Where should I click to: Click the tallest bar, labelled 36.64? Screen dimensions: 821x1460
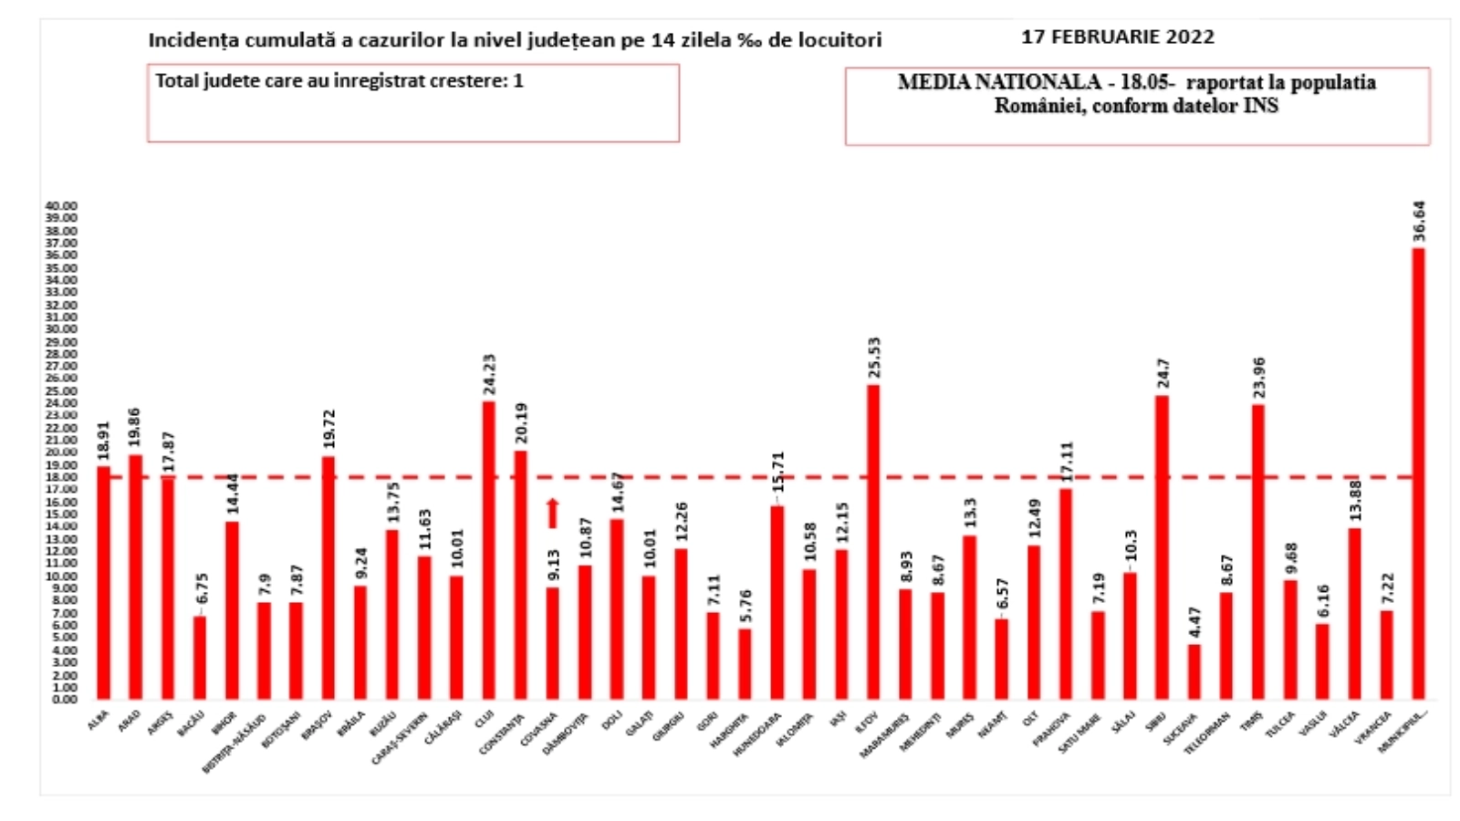[x=1418, y=473]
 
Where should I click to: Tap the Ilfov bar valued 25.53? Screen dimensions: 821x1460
[x=873, y=542]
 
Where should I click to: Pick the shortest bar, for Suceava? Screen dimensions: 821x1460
[x=1194, y=671]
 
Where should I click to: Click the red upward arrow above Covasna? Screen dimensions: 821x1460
[x=552, y=513]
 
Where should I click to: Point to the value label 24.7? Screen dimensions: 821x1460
[x=1163, y=373]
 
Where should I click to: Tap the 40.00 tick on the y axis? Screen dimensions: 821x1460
[x=62, y=206]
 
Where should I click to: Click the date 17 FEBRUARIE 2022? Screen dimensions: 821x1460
[x=1117, y=37]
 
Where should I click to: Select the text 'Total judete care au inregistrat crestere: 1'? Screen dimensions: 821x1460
[x=339, y=81]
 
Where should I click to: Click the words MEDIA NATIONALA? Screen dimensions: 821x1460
[x=999, y=82]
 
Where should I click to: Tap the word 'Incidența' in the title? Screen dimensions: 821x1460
[x=186, y=40]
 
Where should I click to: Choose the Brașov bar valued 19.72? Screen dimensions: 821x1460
[x=328, y=577]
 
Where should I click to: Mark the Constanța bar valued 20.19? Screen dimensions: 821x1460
[x=521, y=575]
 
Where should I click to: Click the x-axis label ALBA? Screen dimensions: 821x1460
[x=98, y=720]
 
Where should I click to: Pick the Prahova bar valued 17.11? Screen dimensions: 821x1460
[x=1066, y=594]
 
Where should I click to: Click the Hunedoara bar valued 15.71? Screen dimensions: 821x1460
[x=777, y=602]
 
